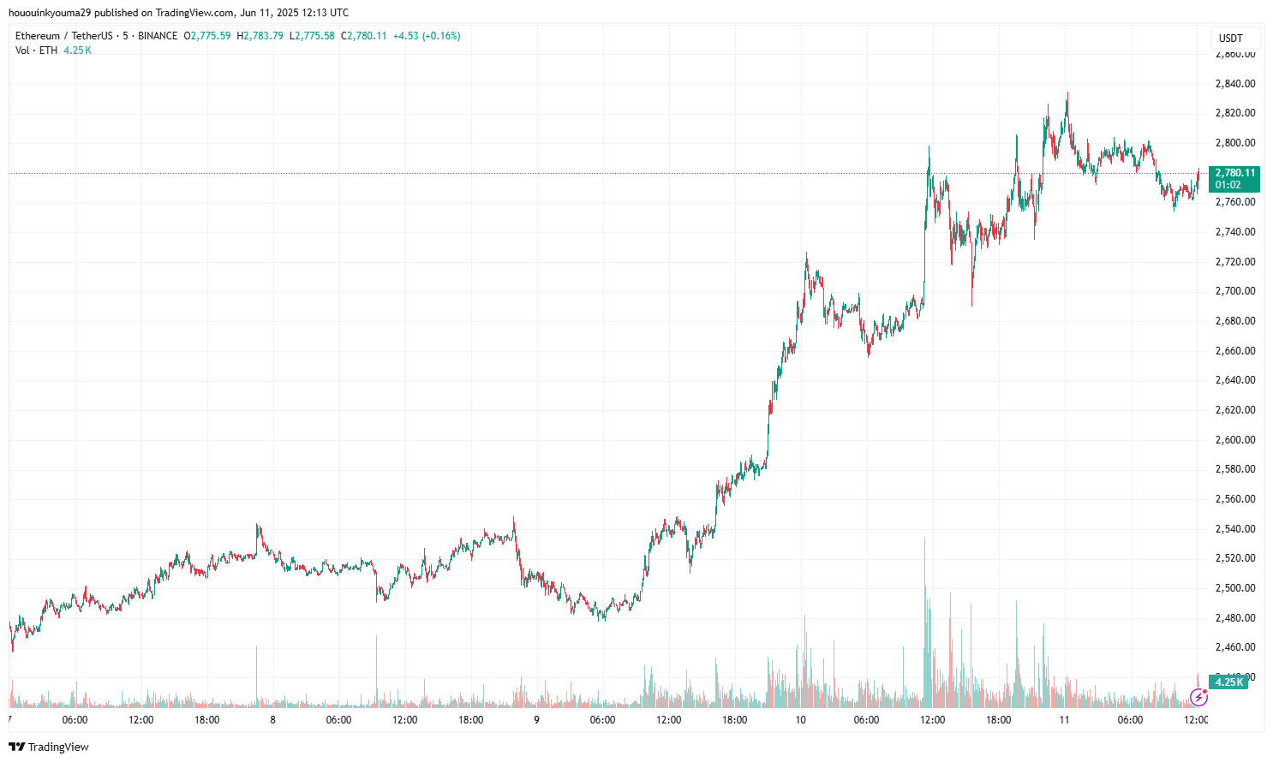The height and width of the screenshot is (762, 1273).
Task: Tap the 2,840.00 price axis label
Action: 1234,84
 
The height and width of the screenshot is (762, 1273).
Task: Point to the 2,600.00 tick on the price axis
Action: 1234,440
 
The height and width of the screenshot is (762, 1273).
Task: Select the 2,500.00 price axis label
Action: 1234,588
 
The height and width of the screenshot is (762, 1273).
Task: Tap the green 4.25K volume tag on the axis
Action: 1228,682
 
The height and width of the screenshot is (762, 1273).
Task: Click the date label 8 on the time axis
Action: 272,720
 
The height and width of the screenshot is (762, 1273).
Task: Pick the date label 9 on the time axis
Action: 536,720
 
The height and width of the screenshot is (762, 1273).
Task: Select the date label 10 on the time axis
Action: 800,720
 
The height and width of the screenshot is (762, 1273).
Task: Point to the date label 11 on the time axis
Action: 1064,720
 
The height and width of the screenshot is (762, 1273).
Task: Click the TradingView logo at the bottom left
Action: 49,747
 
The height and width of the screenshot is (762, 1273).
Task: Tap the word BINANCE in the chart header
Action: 158,36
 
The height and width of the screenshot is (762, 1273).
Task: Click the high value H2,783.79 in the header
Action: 260,36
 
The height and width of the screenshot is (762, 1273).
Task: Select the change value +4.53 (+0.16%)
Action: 427,36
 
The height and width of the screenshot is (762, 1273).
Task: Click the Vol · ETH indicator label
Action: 37,51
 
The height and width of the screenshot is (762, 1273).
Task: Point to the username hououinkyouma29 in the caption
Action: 50,13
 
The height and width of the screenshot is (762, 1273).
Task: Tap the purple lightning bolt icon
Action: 1198,697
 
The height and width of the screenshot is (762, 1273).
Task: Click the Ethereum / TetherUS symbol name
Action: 63,36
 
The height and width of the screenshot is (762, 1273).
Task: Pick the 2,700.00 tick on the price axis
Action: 1234,291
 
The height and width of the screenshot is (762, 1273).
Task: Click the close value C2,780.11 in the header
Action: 364,36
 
